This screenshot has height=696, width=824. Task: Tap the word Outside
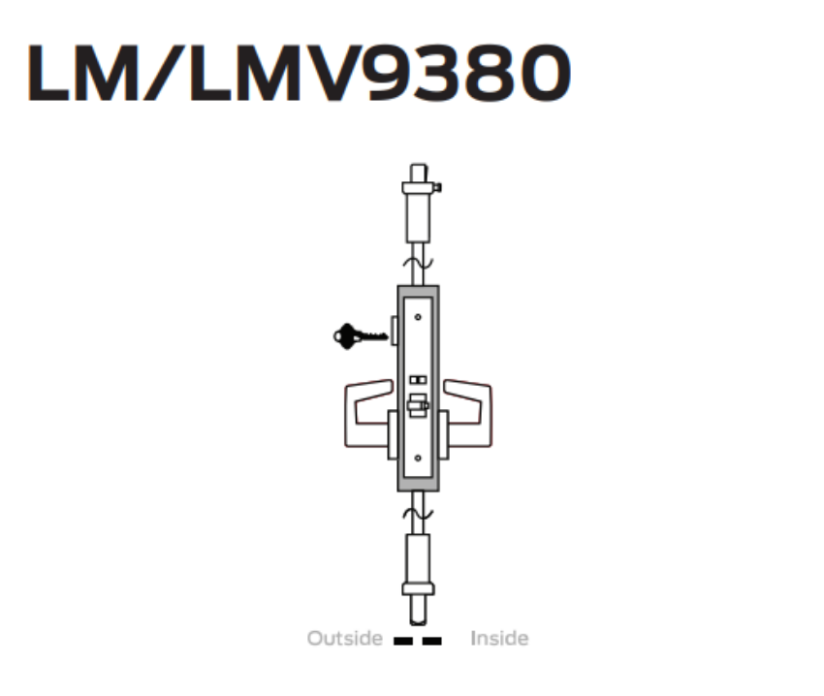pos(345,639)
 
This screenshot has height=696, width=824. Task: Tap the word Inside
pos(499,639)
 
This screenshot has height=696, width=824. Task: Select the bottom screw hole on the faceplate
pos(418,458)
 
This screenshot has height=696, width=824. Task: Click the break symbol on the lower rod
pos(418,515)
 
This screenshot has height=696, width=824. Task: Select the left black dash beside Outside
pos(403,641)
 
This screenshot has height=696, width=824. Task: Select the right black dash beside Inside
pos(433,641)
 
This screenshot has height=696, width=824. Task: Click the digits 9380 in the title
pos(471,75)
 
